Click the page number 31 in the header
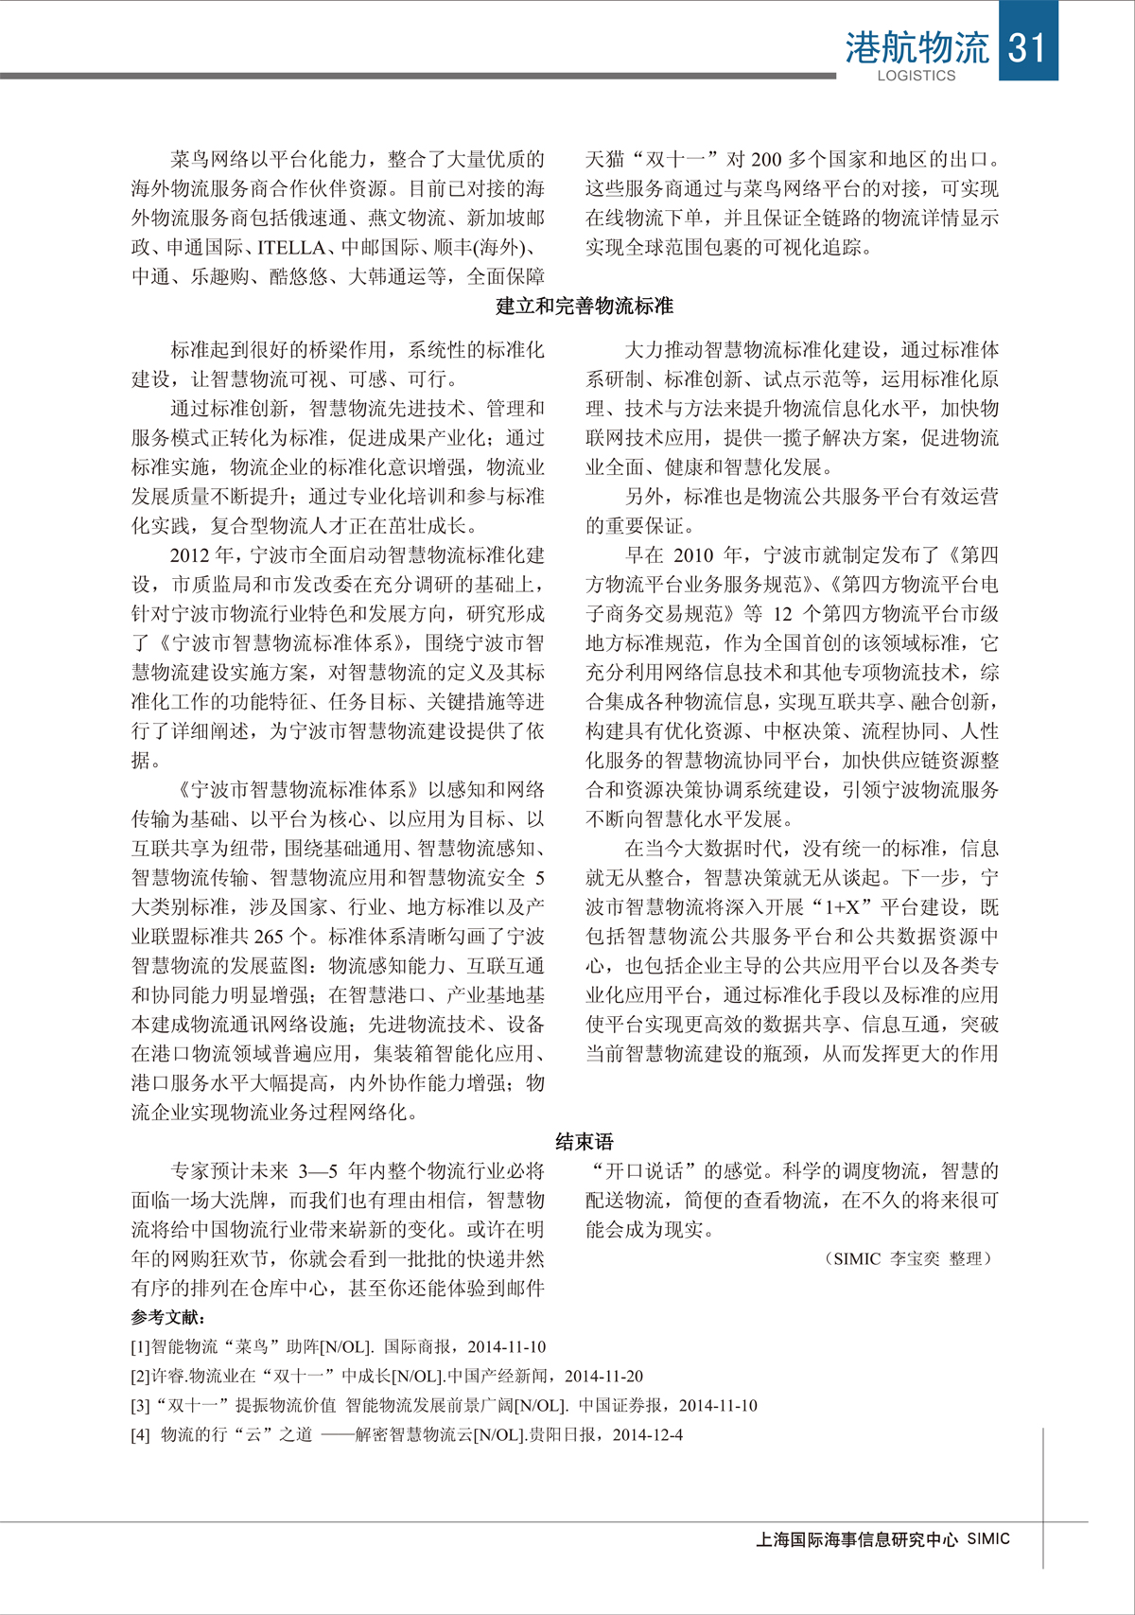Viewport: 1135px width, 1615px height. (1026, 47)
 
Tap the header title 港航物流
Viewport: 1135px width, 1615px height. (917, 47)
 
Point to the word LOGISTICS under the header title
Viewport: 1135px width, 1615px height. (917, 76)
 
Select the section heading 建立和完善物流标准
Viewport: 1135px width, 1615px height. (585, 307)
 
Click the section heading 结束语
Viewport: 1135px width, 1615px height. (585, 1142)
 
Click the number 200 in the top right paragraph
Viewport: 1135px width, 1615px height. (766, 160)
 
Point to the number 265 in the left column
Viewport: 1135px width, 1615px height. (269, 937)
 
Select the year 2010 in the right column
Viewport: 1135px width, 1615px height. (693, 555)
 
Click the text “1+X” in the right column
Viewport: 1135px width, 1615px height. (840, 907)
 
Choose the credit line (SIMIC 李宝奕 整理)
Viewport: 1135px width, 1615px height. (908, 1259)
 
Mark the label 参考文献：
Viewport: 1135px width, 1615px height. (169, 1317)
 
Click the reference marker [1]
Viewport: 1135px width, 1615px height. (140, 1347)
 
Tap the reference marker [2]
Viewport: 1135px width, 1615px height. (140, 1377)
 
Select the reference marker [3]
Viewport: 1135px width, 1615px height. (140, 1406)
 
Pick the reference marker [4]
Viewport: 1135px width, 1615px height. (140, 1435)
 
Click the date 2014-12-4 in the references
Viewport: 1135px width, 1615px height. (648, 1435)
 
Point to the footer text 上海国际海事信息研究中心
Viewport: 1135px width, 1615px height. (857, 1539)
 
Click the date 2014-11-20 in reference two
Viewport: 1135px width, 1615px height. (603, 1377)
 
